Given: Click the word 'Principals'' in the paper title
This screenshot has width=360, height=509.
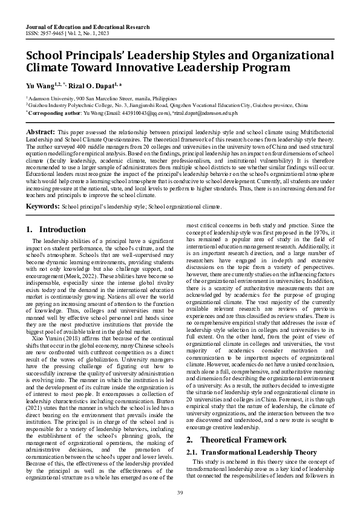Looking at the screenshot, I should click(x=101, y=55).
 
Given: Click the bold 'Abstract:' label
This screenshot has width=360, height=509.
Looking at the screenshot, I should click(x=40, y=131).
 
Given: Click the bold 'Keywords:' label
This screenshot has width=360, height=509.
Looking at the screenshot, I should click(x=42, y=207).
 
